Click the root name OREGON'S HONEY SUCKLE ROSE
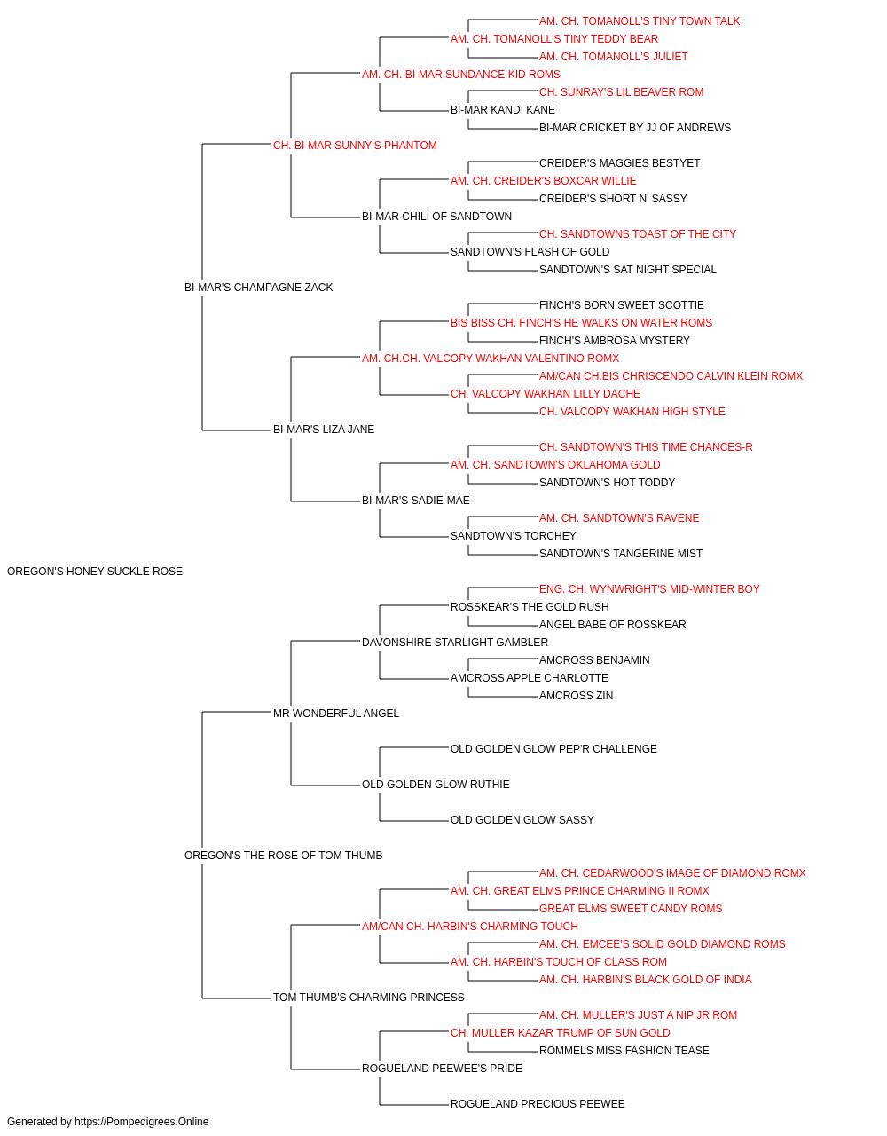pyautogui.click(x=95, y=572)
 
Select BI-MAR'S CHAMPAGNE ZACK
pyautogui.click(x=258, y=288)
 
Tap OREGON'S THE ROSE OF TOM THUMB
pyautogui.click(x=283, y=856)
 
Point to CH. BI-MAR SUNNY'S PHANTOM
pyautogui.click(x=355, y=146)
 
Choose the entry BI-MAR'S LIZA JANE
pyautogui.click(x=324, y=430)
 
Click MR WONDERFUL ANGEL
pyautogui.click(x=336, y=713)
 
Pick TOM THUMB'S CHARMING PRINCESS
pyautogui.click(x=368, y=997)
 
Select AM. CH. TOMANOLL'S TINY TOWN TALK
pyautogui.click(x=640, y=21)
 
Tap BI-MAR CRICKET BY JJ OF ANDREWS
pyautogui.click(x=635, y=128)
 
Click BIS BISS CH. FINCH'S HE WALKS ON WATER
pyautogui.click(x=565, y=322)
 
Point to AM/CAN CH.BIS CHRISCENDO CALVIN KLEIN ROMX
pyautogui.click(x=671, y=376)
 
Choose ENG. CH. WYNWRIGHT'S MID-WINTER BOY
pyautogui.click(x=649, y=589)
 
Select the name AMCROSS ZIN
pyautogui.click(x=576, y=695)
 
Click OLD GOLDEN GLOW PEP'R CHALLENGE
pyautogui.click(x=553, y=749)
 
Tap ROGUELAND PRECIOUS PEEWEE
pyautogui.click(x=538, y=1103)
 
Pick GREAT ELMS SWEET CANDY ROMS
pyautogui.click(x=631, y=909)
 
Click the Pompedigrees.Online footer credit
pyautogui.click(x=107, y=1122)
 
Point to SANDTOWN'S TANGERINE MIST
pyautogui.click(x=621, y=554)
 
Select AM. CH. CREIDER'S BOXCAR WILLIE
pyautogui.click(x=543, y=181)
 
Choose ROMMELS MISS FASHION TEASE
pyautogui.click(x=624, y=1050)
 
